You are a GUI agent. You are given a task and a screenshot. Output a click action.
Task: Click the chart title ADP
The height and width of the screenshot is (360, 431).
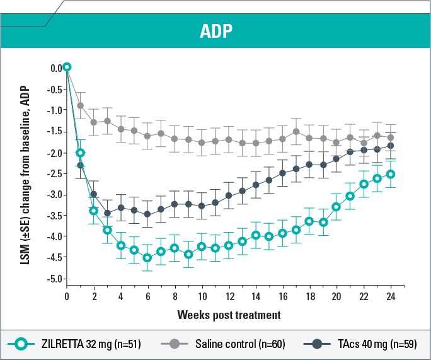215,32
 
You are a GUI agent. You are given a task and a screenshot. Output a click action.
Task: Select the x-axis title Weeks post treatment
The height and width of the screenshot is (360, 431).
229,313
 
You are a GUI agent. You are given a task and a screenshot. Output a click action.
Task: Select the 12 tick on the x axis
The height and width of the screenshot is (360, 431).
229,296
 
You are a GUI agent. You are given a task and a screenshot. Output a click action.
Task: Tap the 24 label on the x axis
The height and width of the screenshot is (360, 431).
391,296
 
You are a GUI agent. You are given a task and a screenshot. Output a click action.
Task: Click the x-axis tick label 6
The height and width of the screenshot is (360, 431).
147,296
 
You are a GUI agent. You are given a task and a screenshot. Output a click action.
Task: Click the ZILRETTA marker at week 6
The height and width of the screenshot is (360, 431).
147,257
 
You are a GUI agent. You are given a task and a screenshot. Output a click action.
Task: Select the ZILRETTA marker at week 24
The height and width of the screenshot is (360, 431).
391,174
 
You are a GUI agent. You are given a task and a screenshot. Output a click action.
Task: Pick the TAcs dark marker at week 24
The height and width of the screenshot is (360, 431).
391,145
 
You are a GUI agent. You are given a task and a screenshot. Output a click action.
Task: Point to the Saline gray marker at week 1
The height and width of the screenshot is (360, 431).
80,105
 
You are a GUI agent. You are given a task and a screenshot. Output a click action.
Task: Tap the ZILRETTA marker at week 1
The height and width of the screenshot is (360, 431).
81,153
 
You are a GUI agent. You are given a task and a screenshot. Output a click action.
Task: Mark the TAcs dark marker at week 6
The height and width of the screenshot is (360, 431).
147,214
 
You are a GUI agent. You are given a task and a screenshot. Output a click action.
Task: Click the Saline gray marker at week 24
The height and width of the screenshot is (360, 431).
391,137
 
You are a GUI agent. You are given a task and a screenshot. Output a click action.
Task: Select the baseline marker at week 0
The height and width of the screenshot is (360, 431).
67,67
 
